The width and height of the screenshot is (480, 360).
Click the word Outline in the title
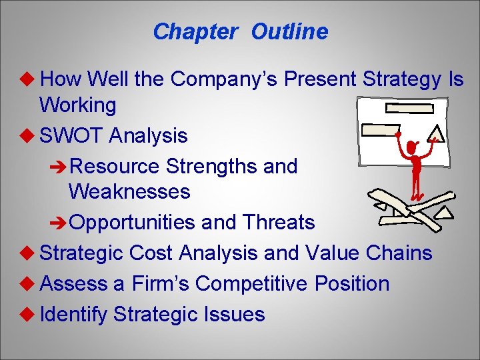[289, 31]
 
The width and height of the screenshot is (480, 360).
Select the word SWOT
[71, 136]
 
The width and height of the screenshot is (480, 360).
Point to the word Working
[77, 105]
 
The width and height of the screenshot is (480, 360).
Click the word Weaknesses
[129, 192]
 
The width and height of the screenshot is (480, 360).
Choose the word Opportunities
[132, 222]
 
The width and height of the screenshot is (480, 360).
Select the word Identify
[73, 314]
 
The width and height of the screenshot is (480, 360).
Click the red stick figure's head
[412, 145]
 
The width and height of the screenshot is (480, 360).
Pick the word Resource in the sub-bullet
[115, 166]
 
